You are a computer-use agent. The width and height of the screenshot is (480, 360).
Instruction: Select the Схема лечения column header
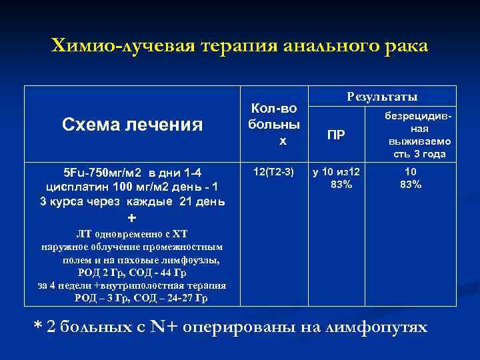click(132, 124)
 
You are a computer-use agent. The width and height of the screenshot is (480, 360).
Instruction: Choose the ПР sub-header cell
click(337, 135)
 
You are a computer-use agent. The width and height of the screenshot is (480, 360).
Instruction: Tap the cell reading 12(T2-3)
click(273, 173)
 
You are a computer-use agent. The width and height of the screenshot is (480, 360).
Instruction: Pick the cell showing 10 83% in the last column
click(411, 179)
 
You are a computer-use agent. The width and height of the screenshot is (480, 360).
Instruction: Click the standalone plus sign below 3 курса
click(131, 219)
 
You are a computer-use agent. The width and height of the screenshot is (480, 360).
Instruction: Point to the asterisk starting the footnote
click(38, 327)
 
